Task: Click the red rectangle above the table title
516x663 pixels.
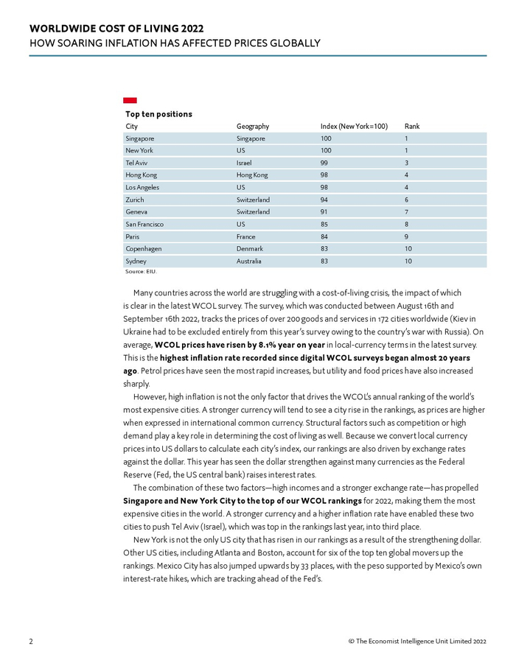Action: point(130,100)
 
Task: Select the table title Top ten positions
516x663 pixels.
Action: point(158,114)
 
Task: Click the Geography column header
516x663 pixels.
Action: point(253,127)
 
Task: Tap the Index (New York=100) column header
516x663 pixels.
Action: point(354,127)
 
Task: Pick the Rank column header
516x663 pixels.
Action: point(412,127)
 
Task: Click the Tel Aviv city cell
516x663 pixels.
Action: point(136,163)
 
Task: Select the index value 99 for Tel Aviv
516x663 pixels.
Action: point(325,163)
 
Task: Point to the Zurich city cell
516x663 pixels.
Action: point(135,200)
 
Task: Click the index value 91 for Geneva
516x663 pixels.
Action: point(325,212)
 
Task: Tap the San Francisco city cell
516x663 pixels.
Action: point(144,224)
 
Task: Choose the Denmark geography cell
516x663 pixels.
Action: point(250,249)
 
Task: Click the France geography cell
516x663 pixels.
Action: point(246,236)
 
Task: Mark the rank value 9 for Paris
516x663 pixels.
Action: point(406,236)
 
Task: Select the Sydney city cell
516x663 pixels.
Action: point(136,262)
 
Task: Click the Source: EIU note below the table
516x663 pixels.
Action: point(140,272)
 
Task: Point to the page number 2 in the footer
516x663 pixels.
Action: point(31,642)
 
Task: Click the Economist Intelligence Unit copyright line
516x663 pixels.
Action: point(417,642)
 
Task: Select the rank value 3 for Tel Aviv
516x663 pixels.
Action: point(406,163)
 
